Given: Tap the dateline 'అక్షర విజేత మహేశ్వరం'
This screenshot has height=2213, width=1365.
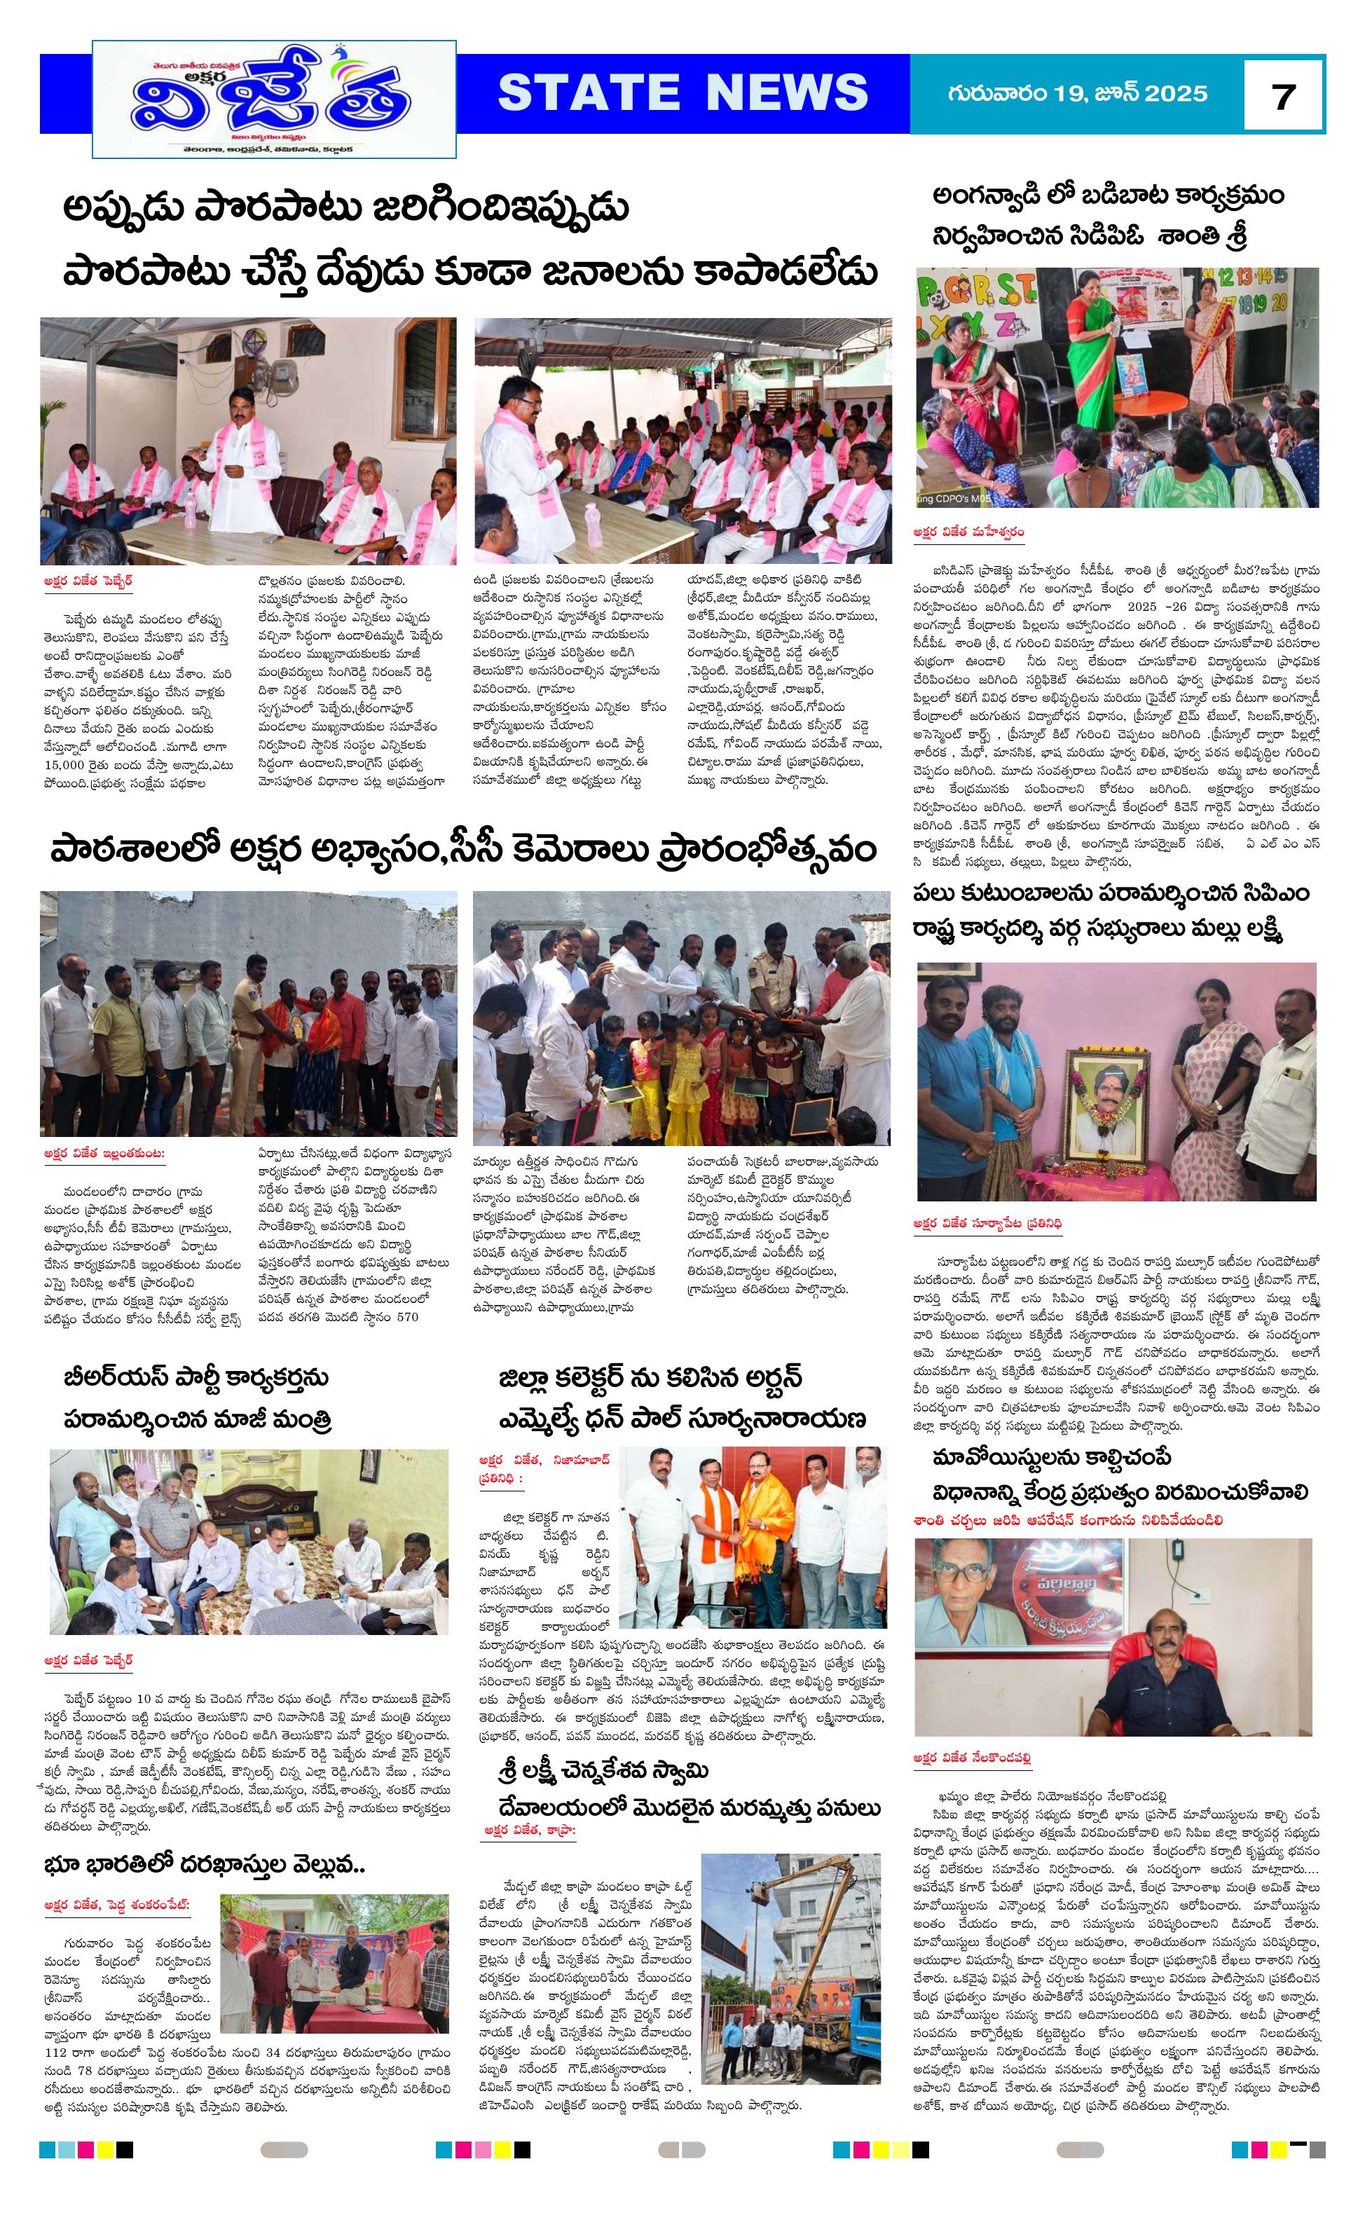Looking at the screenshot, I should [x=968, y=532].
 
